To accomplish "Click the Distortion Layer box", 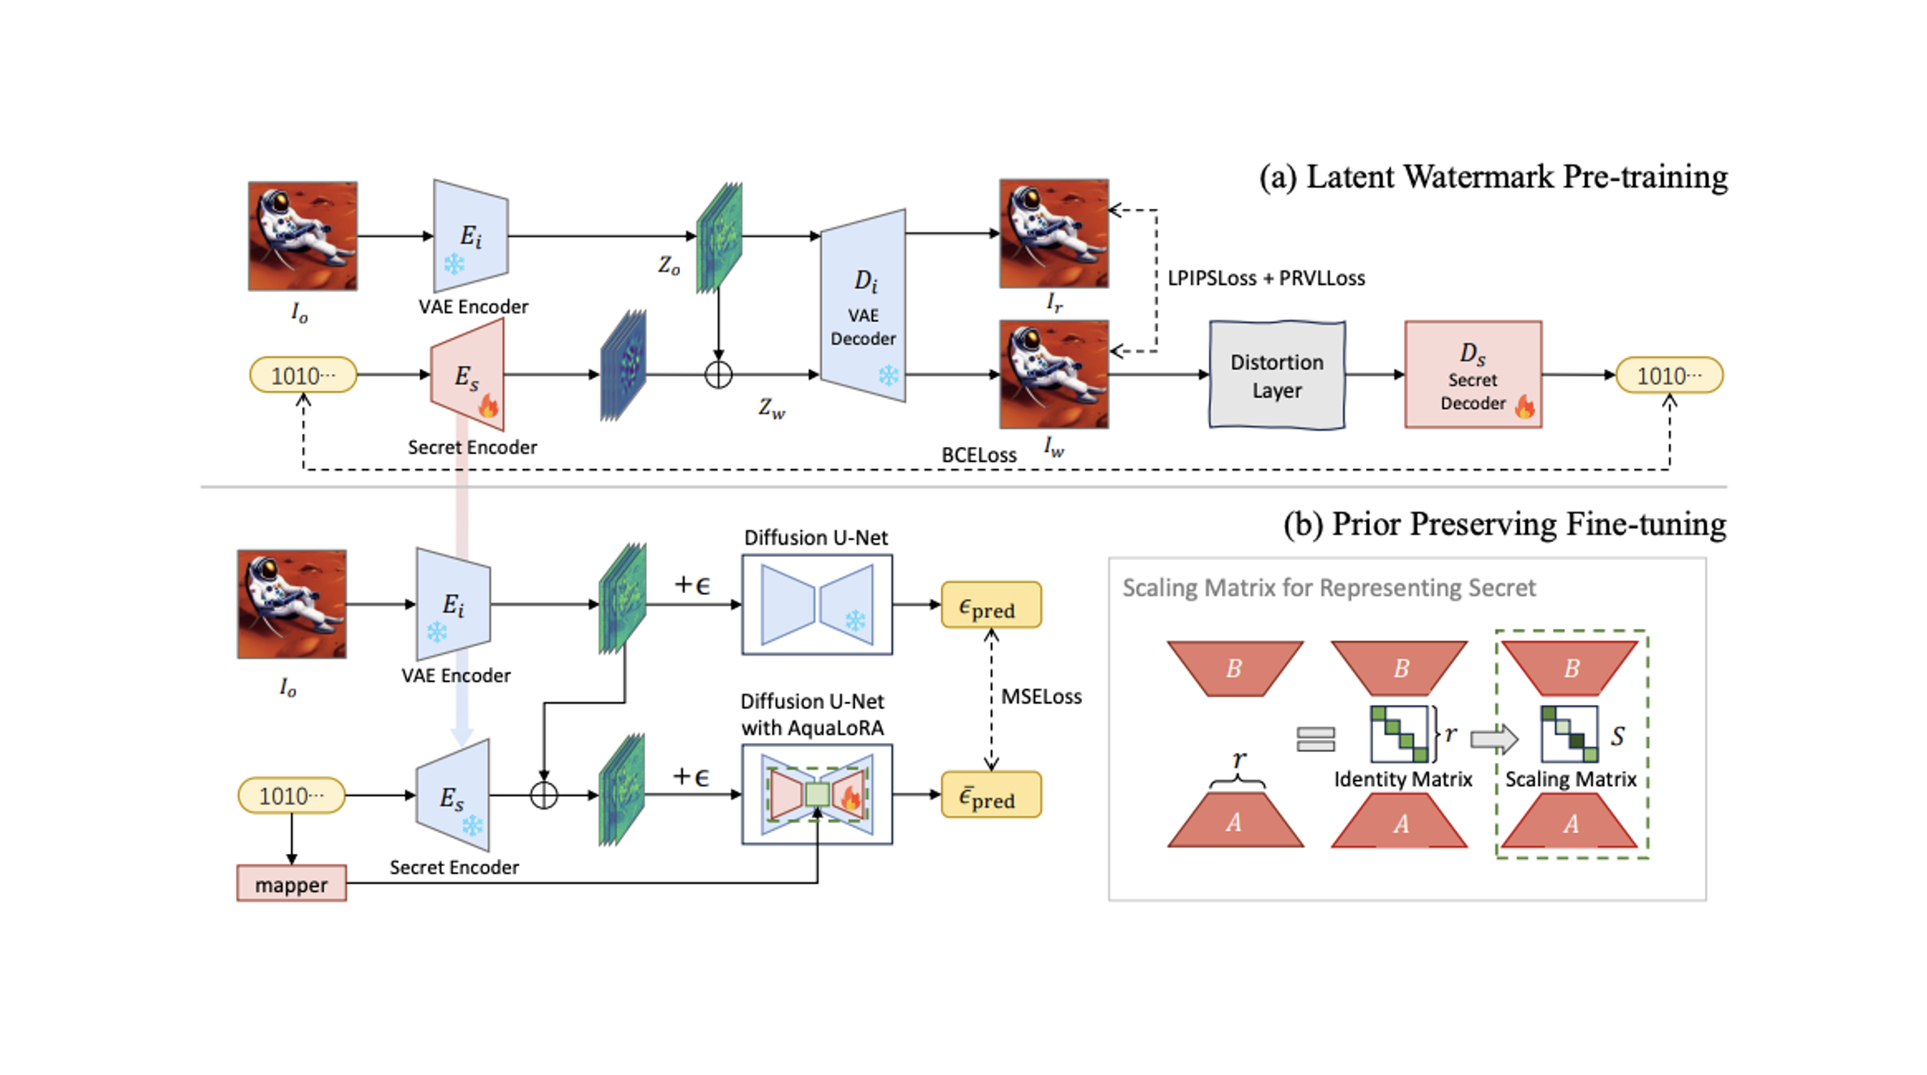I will click(x=1277, y=375).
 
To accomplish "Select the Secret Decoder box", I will click(x=1473, y=375).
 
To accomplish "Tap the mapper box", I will click(x=291, y=884).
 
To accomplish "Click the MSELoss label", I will click(x=1041, y=697).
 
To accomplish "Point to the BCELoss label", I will click(x=978, y=456).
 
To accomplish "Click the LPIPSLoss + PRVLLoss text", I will click(x=1266, y=278).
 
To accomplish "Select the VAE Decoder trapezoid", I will click(x=863, y=306).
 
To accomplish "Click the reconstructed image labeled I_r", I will click(x=1053, y=234).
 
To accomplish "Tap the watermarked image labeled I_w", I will click(x=1053, y=375).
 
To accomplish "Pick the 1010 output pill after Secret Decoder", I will click(x=1669, y=376).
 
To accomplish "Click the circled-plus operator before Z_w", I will click(x=718, y=375).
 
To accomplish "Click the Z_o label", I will click(x=669, y=266).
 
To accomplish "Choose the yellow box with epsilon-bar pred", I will click(x=991, y=796).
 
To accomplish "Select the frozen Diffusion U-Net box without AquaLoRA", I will click(x=817, y=605).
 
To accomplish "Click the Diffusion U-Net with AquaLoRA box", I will click(x=817, y=795).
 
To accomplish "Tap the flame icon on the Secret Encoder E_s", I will click(x=488, y=406).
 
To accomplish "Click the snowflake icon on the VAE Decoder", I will click(x=888, y=376).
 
